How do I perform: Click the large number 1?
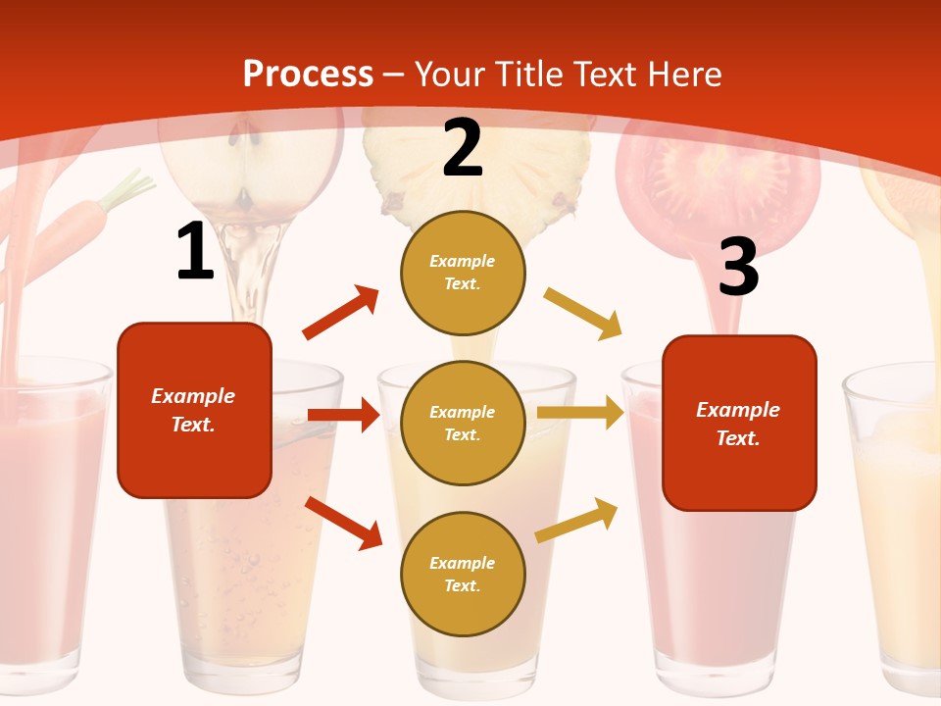195,252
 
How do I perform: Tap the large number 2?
463,148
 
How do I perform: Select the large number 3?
738,268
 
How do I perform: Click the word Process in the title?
308,74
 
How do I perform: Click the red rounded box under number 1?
194,410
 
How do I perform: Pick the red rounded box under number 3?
739,423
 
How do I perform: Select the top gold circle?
463,273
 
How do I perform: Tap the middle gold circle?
463,423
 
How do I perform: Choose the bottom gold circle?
463,574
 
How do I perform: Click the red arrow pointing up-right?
341,313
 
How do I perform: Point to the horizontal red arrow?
343,415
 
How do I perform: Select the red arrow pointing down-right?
343,523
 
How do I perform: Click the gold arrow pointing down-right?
583,313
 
